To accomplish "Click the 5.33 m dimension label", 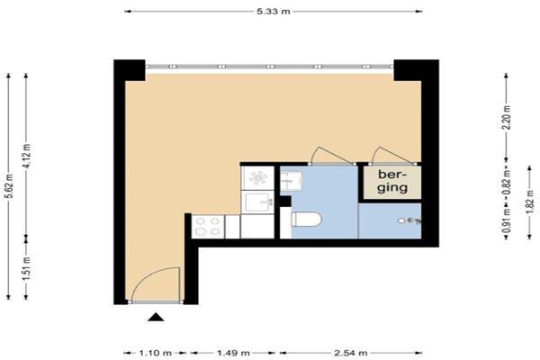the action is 274,12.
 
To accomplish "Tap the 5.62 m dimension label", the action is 9,186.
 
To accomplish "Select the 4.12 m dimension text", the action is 26,156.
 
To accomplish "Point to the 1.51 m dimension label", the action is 26,267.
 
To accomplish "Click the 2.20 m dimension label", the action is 506,117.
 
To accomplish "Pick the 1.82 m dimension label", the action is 530,202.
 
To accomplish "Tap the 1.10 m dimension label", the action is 155,353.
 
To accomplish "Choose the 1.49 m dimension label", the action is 233,353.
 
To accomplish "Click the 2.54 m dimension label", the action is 351,353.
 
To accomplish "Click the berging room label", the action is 392,181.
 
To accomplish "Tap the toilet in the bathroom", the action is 306,219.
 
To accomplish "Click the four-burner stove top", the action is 208,226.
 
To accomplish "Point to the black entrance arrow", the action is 156,317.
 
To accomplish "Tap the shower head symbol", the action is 409,220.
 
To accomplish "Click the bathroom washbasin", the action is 291,181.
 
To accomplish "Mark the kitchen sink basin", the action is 256,202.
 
